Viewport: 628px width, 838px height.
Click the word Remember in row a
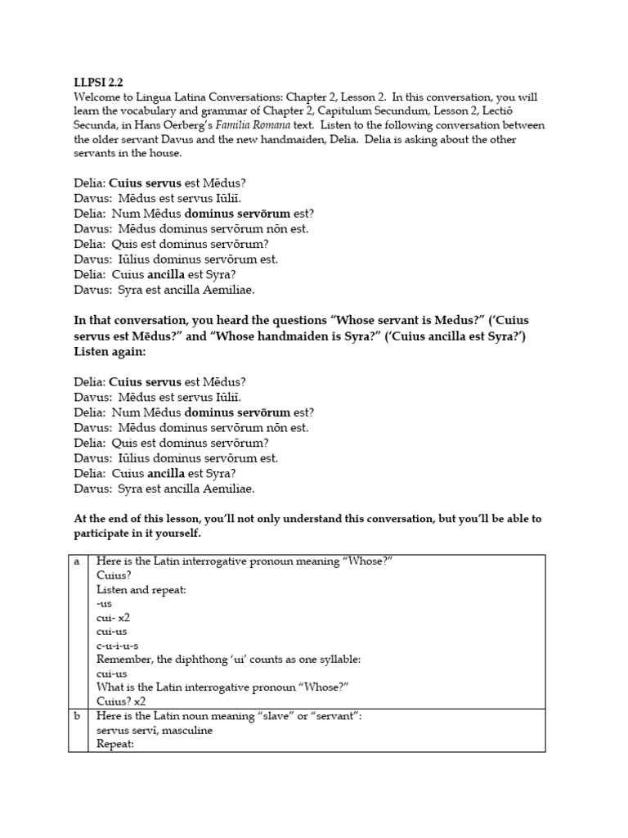(124, 659)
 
